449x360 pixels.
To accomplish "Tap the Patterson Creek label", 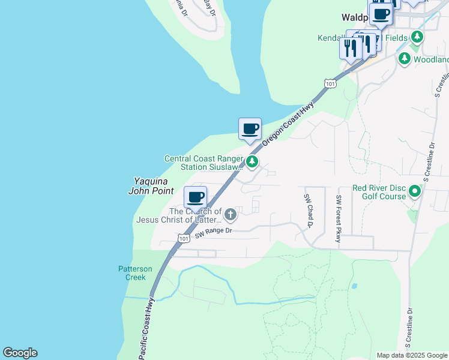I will coord(135,273).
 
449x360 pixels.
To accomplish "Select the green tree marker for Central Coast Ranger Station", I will coord(253,161).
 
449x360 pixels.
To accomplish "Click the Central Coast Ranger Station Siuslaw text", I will coord(204,163).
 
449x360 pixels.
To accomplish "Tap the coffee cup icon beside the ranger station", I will coord(250,128).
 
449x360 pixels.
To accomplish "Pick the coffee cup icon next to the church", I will coord(195,197).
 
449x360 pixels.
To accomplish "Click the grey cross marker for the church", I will coord(229,214).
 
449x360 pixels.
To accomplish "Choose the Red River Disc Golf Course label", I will coord(379,192).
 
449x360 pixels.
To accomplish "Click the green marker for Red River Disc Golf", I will coord(415,192).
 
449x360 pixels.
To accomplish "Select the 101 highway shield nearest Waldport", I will coord(330,83).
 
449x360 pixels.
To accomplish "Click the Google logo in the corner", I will coord(20,353).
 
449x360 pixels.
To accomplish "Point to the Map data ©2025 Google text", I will coord(411,355).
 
